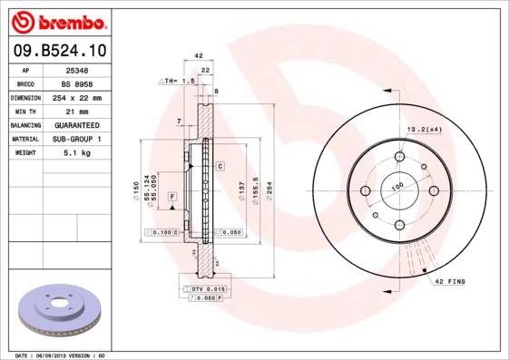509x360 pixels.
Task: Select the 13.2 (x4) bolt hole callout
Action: coord(424,128)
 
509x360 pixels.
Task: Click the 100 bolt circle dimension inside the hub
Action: coord(396,187)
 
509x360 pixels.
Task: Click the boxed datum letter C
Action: coord(220,166)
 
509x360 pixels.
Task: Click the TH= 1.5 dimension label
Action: coord(179,82)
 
